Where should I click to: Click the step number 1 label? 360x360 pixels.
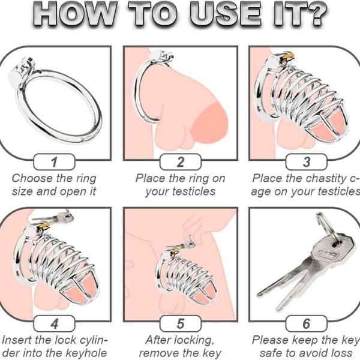(x=54, y=162)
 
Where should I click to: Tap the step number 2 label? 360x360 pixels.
(x=180, y=162)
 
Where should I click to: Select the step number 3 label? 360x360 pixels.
(x=306, y=162)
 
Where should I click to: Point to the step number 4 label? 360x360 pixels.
(x=54, y=323)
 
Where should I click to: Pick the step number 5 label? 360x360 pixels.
(x=180, y=323)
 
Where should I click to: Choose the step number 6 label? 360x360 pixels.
(x=306, y=323)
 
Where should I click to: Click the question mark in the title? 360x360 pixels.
(x=315, y=14)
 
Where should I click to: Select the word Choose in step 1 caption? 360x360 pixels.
(x=28, y=178)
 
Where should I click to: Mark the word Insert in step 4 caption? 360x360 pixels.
(x=17, y=340)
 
